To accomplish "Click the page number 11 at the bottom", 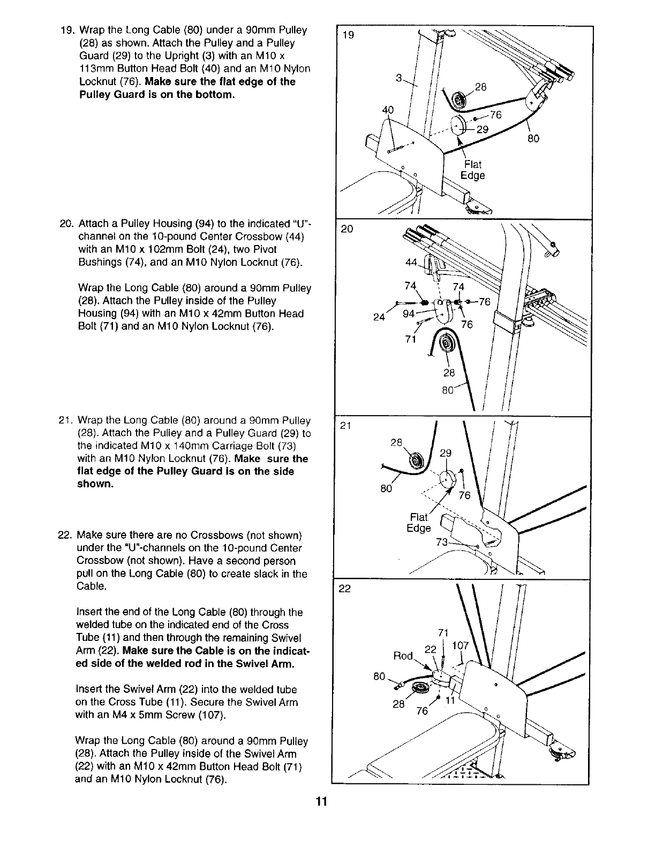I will (321, 801).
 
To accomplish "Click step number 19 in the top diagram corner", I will (348, 35).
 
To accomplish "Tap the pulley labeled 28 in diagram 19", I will (459, 100).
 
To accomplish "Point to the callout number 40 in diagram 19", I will (388, 111).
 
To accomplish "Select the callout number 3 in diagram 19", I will (398, 78).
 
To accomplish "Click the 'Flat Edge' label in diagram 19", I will (472, 170).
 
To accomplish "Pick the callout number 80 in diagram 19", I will (533, 139).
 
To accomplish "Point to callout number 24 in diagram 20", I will (379, 316).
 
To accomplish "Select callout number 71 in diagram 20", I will (411, 340).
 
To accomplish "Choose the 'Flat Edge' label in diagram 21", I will (419, 523).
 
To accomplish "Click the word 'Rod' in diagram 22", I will (404, 655).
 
